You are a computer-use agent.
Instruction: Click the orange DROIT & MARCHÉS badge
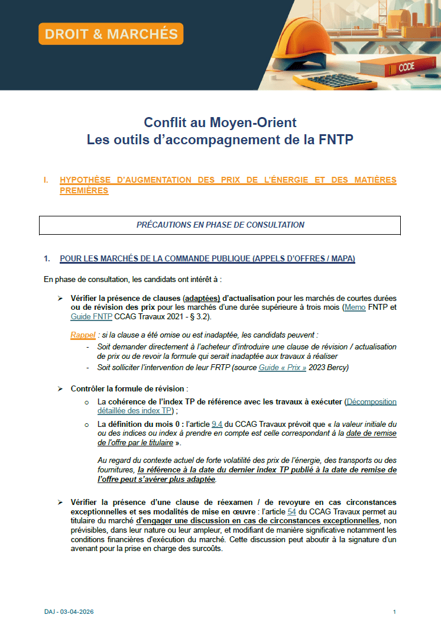[x=111, y=34]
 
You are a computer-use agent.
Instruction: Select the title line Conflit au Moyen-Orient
[x=220, y=122]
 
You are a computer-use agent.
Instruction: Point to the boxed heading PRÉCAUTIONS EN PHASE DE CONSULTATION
[x=220, y=225]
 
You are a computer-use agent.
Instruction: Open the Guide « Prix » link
[x=282, y=367]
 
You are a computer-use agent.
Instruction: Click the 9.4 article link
[x=216, y=424]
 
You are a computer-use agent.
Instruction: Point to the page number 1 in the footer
[x=394, y=611]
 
